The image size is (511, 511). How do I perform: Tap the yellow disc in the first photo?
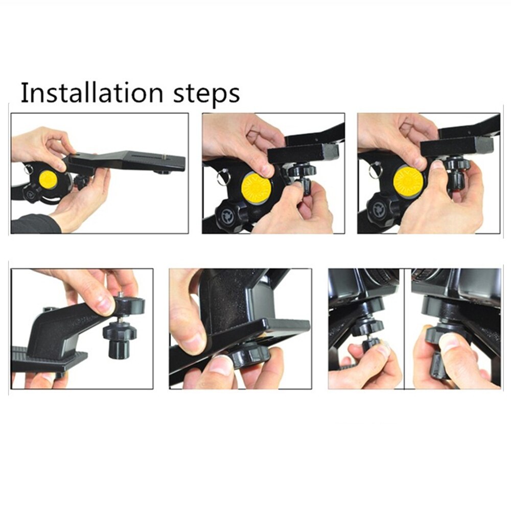[x=49, y=179]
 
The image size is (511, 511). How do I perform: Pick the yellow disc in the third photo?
[x=408, y=181]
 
